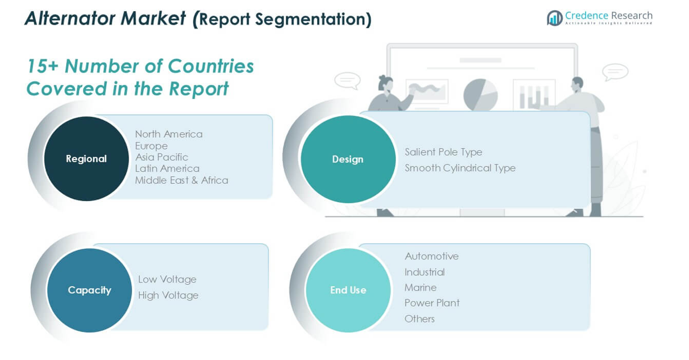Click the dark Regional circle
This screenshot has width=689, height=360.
point(86,159)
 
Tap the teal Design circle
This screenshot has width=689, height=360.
point(348,159)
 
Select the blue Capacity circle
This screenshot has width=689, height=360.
point(89,290)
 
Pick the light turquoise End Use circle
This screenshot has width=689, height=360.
point(348,290)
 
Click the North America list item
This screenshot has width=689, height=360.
point(169,134)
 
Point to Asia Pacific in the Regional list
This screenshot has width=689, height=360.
point(162,157)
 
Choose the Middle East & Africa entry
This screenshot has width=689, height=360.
point(182,180)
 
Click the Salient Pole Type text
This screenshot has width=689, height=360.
point(444,152)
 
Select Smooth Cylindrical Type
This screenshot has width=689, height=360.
point(460,168)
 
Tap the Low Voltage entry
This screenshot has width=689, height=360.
point(167,279)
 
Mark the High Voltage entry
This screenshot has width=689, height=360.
point(168,295)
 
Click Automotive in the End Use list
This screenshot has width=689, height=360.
point(432,256)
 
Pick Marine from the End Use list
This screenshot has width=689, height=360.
point(421,288)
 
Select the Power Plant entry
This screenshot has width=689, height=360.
point(432,303)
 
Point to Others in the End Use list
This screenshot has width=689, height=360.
point(419,319)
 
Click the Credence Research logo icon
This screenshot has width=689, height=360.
point(555,18)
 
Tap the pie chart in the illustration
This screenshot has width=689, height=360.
point(481,95)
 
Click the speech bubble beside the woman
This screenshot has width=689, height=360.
point(348,81)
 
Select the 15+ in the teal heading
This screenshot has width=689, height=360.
point(43,66)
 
